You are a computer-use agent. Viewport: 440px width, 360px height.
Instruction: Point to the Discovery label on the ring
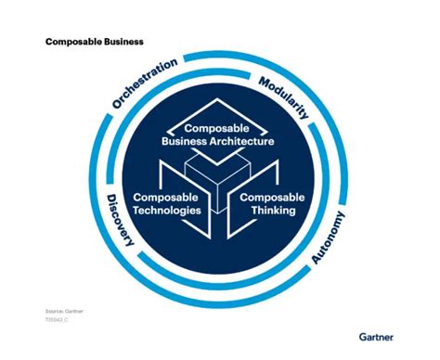coord(121,222)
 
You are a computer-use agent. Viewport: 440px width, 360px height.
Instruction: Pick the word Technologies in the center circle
coord(167,211)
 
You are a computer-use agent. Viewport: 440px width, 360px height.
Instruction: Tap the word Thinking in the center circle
coord(272,211)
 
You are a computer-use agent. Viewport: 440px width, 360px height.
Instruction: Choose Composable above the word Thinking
coord(272,198)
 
